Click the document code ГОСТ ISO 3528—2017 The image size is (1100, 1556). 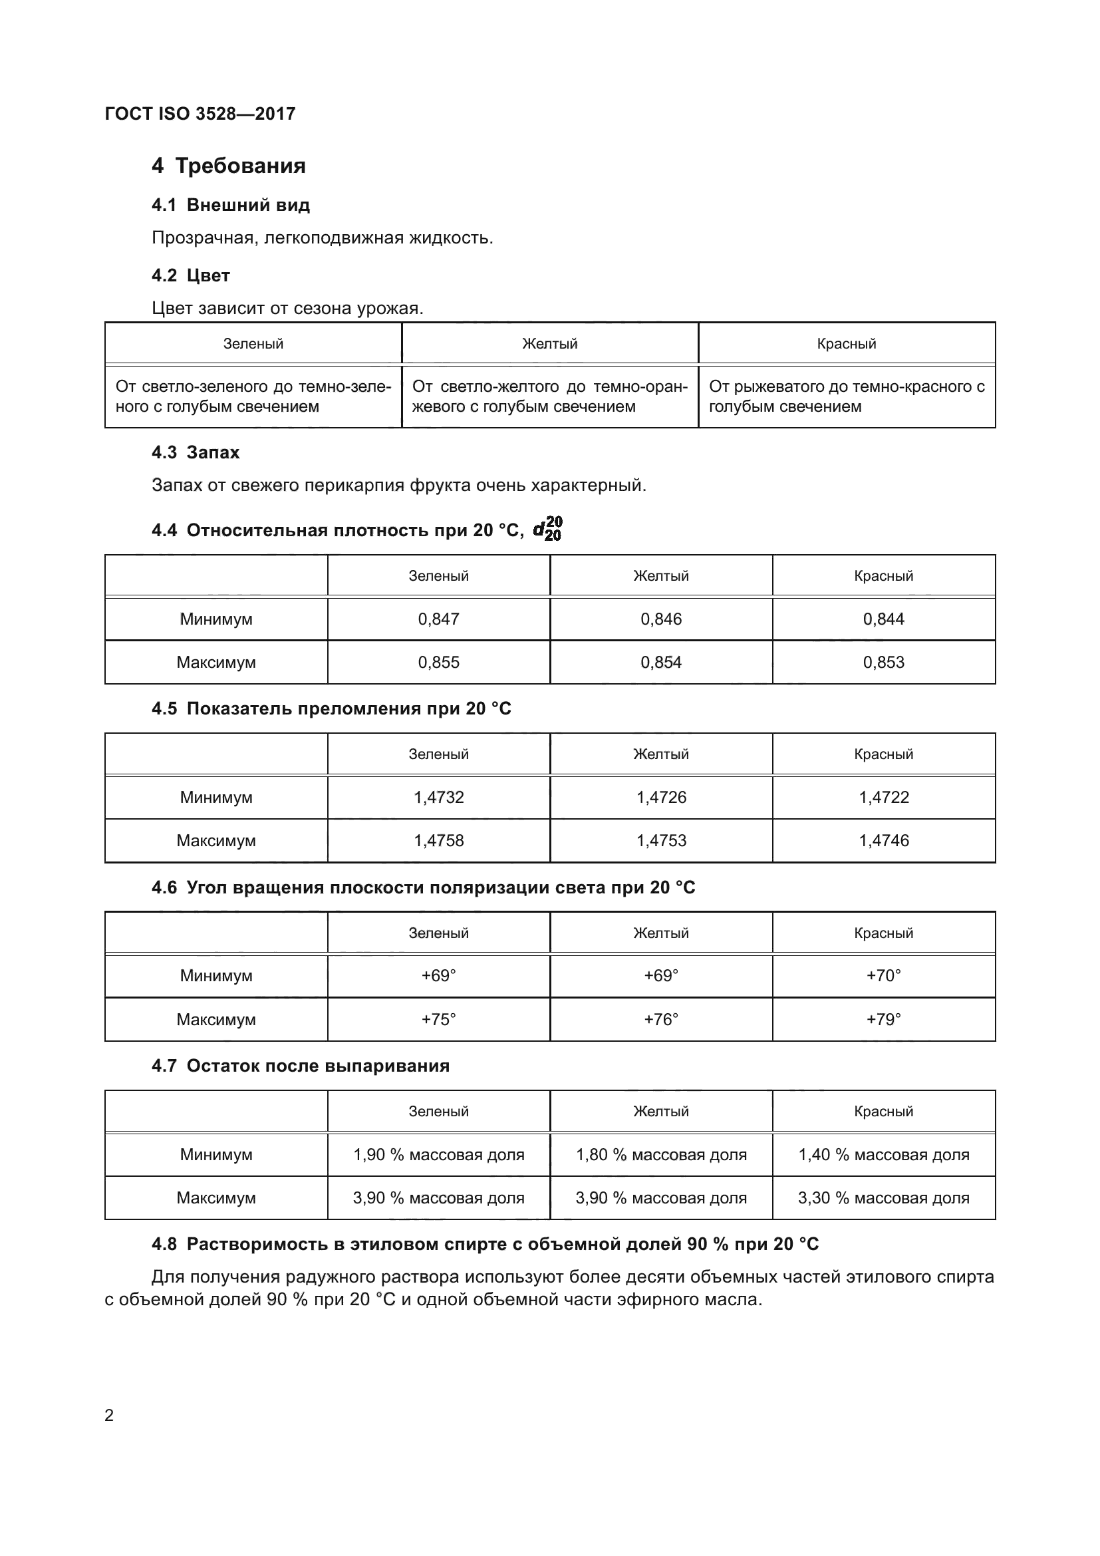(x=200, y=114)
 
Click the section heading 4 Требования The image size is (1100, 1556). (x=228, y=166)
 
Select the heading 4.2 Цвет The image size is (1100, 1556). (x=190, y=275)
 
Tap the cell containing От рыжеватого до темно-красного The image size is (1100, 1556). (x=846, y=396)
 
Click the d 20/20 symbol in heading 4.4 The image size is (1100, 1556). (x=547, y=529)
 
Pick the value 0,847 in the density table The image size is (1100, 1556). (x=438, y=619)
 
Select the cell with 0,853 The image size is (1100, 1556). (x=883, y=662)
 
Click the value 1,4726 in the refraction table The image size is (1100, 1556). (x=661, y=797)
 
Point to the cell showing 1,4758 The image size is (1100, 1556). (x=438, y=840)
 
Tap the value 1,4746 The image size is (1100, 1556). (x=883, y=840)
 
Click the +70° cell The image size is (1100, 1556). (x=883, y=975)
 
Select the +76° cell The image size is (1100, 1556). (x=661, y=1019)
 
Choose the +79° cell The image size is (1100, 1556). (x=883, y=1019)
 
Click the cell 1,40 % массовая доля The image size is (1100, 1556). (x=883, y=1154)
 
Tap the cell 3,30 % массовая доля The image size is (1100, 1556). (x=883, y=1197)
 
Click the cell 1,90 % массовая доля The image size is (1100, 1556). (x=438, y=1154)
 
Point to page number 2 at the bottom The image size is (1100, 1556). (x=109, y=1415)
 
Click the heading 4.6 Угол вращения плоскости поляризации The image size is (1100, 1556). (x=424, y=887)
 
